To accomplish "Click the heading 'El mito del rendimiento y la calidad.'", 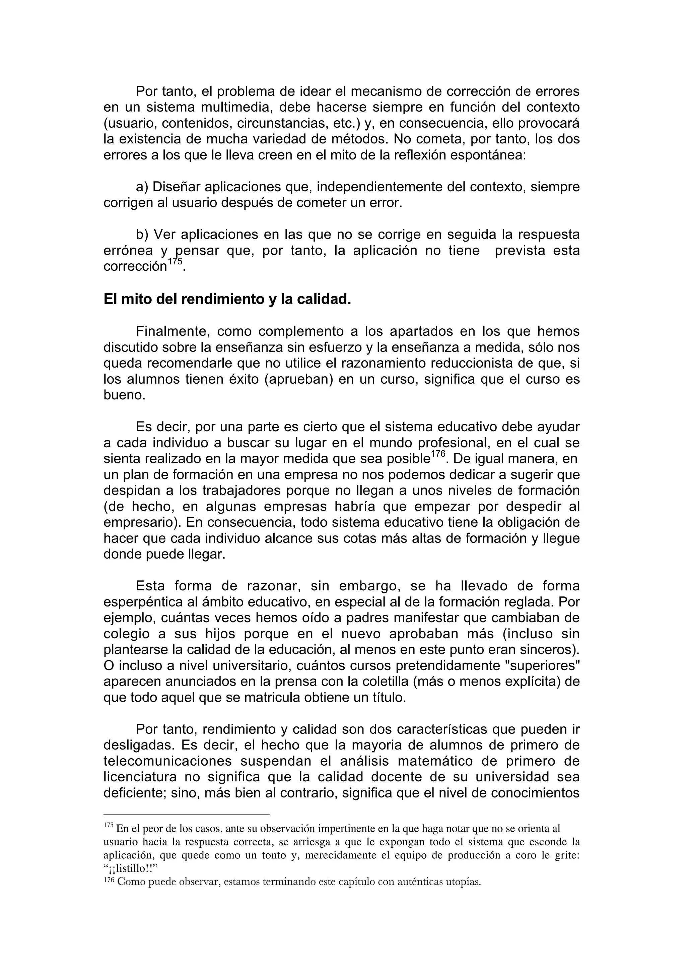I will [227, 300].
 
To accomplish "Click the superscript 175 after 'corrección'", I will [175, 262].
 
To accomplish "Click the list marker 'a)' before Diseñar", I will [142, 187].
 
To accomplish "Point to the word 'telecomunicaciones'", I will [168, 761].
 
